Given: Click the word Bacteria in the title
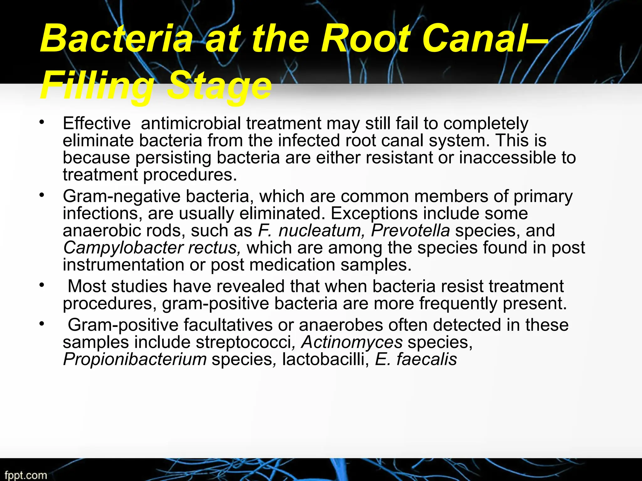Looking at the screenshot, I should [x=116, y=39].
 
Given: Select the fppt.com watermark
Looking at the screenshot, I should [x=26, y=475].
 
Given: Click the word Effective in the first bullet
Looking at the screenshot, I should [x=97, y=123].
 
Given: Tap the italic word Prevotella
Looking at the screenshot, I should [x=410, y=231].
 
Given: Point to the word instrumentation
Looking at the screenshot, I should [x=123, y=265].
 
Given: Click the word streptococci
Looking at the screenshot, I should [x=244, y=342].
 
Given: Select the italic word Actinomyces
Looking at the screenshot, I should [x=351, y=342].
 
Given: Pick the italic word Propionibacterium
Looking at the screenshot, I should [x=135, y=359].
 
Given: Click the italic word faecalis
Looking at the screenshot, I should [x=427, y=359].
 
